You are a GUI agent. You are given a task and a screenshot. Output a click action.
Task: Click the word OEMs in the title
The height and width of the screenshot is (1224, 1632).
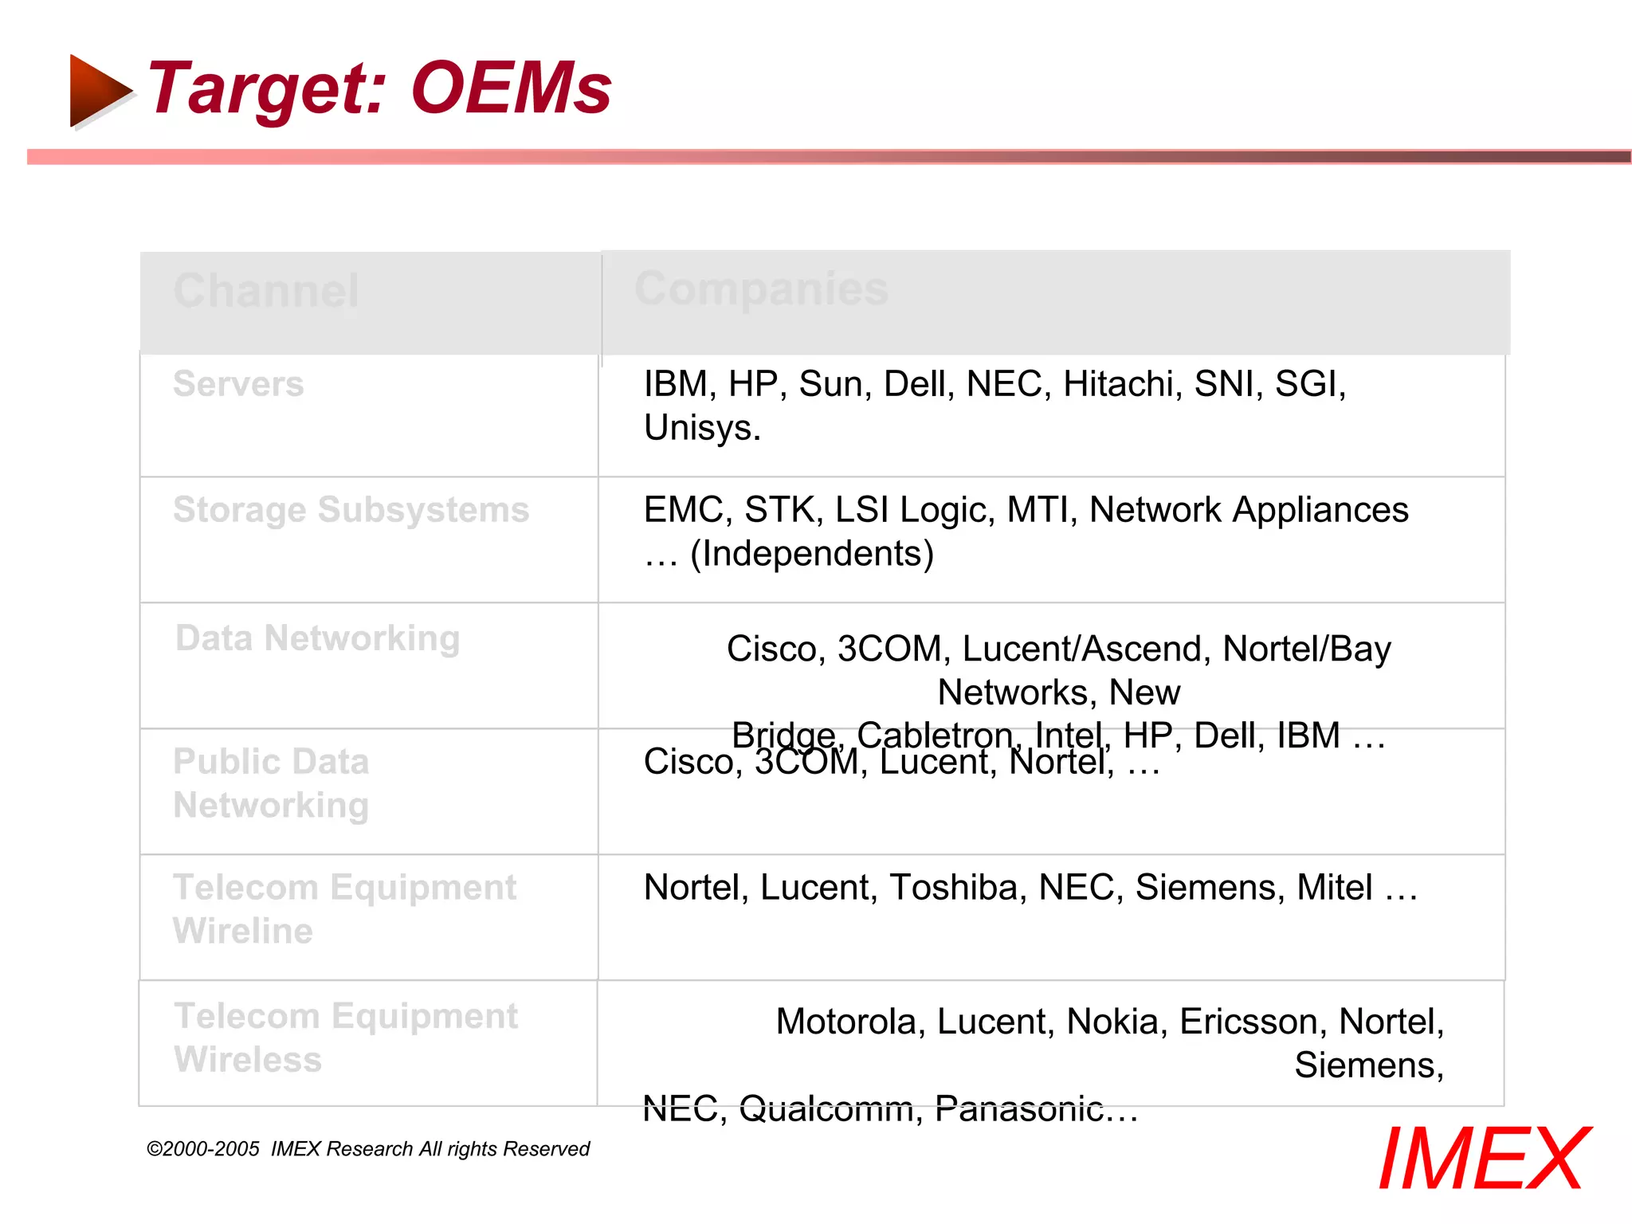point(511,88)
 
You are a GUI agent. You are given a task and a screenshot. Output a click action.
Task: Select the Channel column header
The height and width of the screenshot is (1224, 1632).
point(266,291)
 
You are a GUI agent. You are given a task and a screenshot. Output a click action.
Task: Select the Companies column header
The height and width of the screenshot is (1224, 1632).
point(761,288)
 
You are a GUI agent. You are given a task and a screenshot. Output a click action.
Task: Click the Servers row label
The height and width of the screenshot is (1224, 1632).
point(238,384)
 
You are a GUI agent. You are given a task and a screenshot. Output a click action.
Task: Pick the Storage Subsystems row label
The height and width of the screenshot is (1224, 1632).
point(351,510)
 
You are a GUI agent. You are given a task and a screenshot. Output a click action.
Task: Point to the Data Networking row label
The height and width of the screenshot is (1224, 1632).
point(318,638)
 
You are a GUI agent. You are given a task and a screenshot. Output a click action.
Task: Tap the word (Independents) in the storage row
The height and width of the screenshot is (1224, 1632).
point(811,554)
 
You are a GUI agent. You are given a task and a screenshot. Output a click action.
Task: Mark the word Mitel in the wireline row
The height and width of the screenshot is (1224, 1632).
point(1334,888)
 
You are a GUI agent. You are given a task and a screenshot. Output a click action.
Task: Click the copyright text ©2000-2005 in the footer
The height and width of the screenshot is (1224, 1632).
point(203,1149)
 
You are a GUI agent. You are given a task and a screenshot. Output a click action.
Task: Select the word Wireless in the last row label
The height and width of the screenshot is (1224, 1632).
point(248,1060)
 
